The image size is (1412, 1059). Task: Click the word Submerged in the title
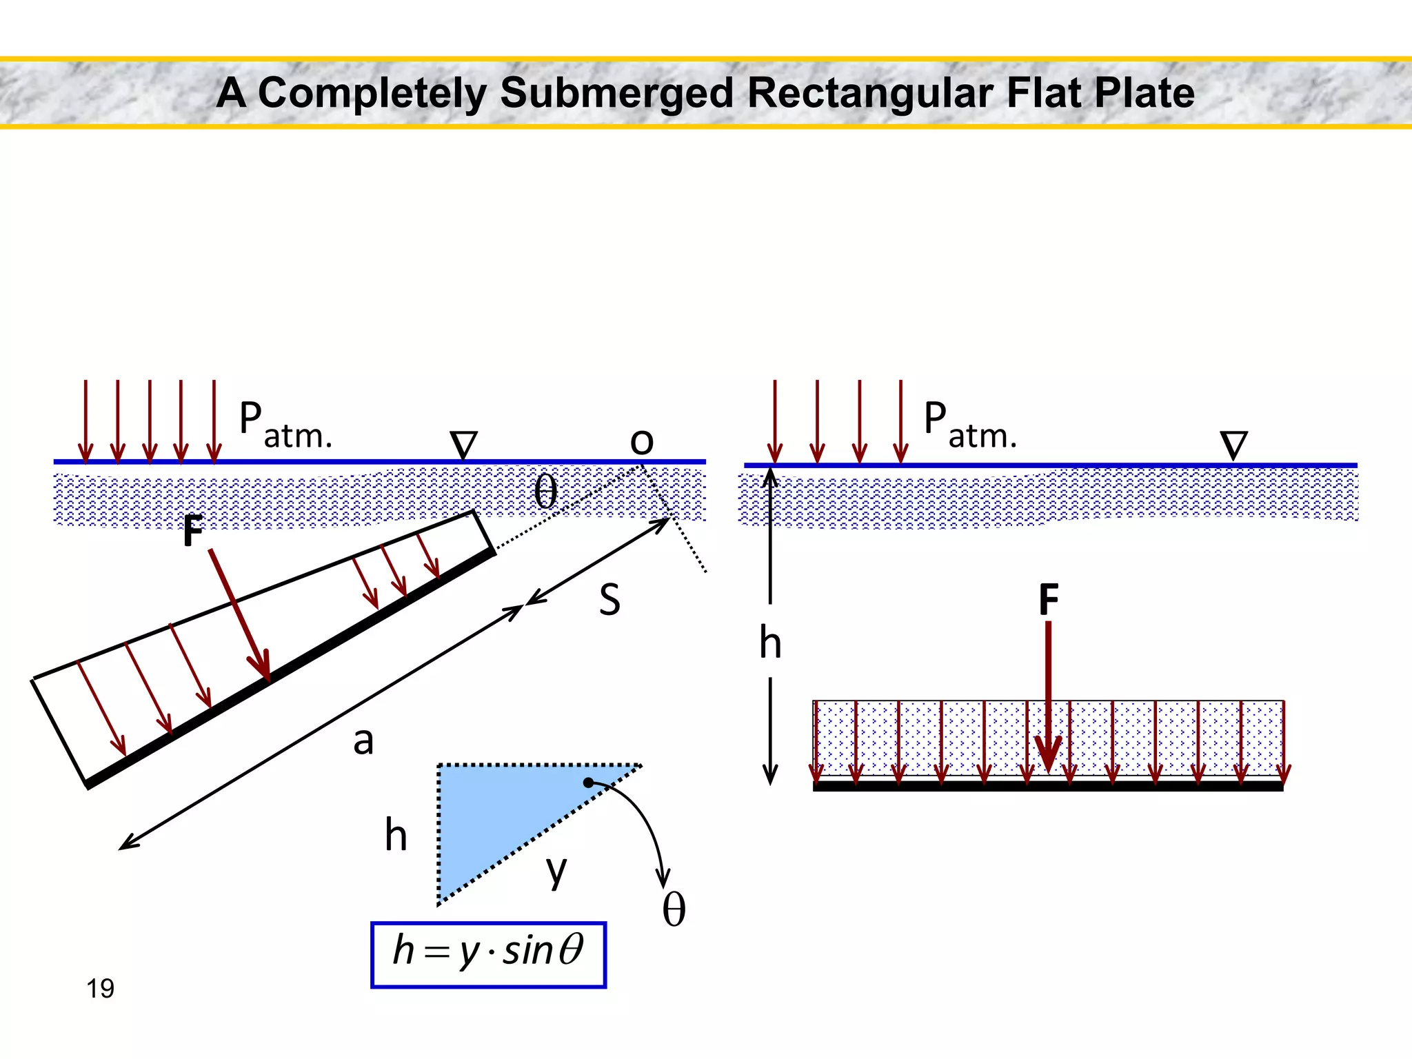tap(616, 93)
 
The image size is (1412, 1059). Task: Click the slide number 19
tap(100, 989)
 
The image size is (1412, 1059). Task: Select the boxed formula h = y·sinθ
tap(488, 954)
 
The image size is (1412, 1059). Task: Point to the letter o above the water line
tap(641, 441)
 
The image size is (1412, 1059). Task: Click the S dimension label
tap(609, 599)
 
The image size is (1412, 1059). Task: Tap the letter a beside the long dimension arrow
tap(363, 742)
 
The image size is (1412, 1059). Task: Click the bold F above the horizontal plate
tap(1048, 599)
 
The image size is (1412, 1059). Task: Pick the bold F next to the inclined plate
tap(194, 532)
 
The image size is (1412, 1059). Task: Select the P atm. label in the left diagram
tap(285, 426)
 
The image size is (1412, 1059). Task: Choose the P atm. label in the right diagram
tap(969, 426)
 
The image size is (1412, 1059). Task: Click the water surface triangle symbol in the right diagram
tap(1233, 445)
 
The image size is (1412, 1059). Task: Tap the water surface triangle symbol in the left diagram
tap(463, 445)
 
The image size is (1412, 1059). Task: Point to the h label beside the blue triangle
tap(396, 836)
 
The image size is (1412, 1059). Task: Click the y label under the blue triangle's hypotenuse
tap(556, 870)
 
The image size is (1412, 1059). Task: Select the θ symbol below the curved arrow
tap(674, 910)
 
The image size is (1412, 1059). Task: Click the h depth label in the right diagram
tap(770, 643)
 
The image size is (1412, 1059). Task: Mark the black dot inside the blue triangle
tap(588, 783)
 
